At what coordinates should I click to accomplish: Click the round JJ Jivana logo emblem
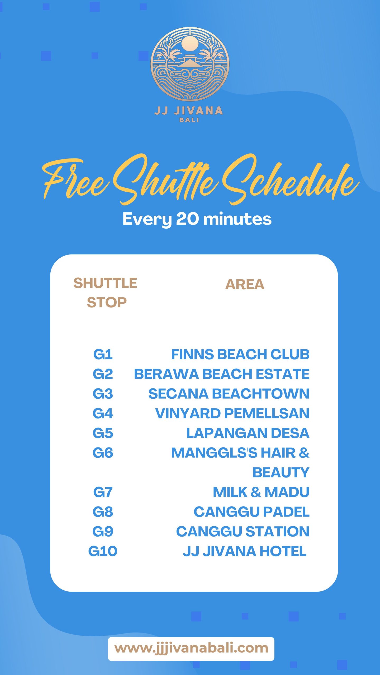click(190, 64)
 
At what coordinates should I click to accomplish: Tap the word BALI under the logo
click(189, 120)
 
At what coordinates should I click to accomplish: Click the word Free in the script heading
click(75, 179)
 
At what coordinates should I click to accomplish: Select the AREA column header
click(245, 285)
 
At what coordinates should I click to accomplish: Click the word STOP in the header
click(107, 302)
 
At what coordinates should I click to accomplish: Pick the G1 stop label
click(103, 354)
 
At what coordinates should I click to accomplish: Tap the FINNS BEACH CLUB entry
click(240, 354)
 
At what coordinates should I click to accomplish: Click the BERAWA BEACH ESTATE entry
click(222, 374)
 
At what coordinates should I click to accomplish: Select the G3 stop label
click(103, 394)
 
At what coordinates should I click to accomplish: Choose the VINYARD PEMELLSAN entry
click(232, 413)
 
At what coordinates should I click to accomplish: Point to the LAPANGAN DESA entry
click(248, 433)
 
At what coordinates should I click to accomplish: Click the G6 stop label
click(103, 453)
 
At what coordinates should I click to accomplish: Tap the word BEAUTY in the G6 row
click(281, 472)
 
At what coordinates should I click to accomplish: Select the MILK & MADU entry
click(261, 492)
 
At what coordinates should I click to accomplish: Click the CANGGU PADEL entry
click(251, 512)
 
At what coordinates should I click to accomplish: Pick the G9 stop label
click(103, 531)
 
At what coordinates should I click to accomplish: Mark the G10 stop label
click(103, 551)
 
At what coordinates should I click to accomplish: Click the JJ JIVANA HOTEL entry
click(245, 551)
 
